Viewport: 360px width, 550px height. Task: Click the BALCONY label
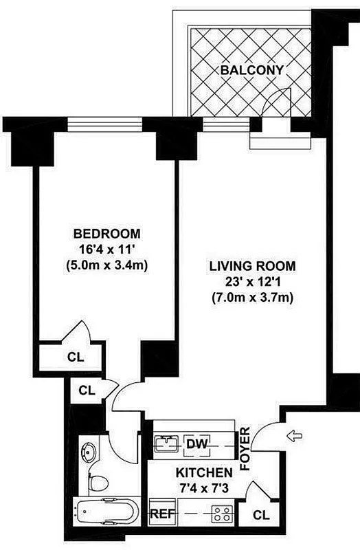(251, 70)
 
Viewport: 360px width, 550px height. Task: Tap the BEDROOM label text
(106, 233)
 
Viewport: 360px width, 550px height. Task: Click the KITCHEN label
(203, 473)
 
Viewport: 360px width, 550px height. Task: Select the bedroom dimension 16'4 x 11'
(106, 248)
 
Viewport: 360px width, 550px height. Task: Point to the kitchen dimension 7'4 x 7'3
(203, 489)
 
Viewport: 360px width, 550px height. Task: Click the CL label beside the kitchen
(261, 515)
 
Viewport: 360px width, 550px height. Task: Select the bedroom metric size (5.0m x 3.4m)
(106, 264)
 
